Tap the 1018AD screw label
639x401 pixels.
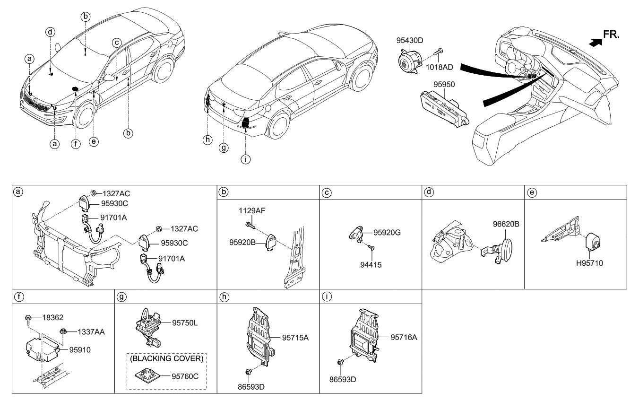click(439, 67)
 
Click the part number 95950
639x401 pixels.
click(444, 84)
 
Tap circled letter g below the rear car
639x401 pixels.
click(224, 148)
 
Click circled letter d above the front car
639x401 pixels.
click(50, 32)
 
